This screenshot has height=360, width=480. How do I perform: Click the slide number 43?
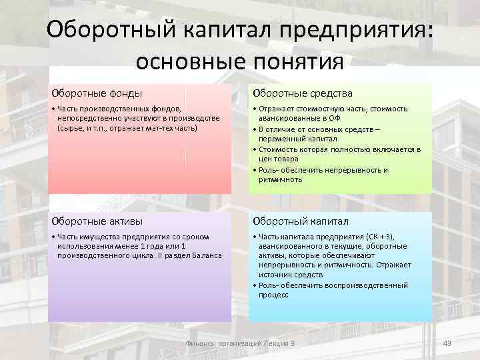pos(447,343)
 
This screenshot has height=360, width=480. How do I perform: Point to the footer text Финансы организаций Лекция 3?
pos(239,343)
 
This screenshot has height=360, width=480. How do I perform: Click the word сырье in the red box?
pos(71,127)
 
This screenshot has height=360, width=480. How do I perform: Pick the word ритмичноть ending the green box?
pos(281,179)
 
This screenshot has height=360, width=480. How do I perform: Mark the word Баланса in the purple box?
pos(207,255)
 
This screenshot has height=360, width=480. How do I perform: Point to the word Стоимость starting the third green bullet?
pos(277,149)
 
